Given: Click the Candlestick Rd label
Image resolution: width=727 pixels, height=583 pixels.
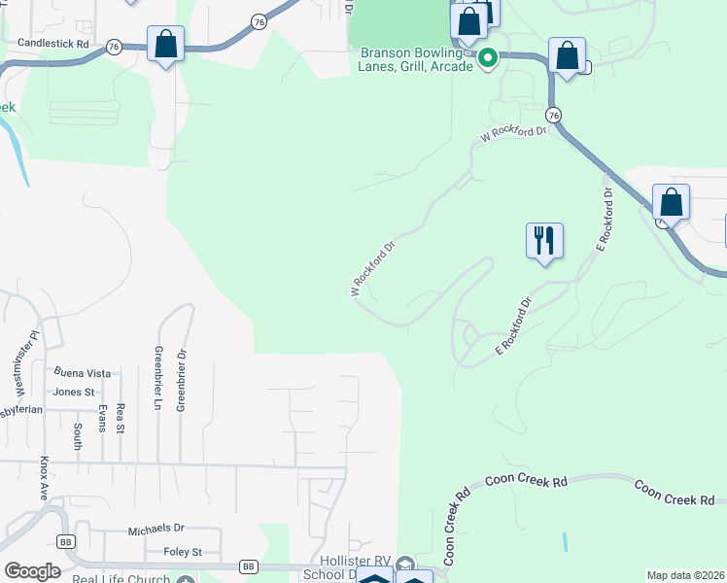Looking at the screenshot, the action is [x=53, y=45].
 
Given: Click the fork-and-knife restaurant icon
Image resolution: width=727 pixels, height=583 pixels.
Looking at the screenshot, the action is [x=544, y=239].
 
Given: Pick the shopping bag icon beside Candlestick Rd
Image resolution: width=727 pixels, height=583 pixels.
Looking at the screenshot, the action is [x=166, y=44].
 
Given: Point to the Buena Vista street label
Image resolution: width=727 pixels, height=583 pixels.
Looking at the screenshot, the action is [x=83, y=372].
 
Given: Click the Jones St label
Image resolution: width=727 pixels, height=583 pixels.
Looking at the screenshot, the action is [x=74, y=392].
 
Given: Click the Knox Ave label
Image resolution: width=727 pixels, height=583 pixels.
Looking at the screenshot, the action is [x=45, y=478].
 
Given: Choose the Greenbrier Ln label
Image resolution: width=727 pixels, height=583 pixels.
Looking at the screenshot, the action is [x=156, y=378].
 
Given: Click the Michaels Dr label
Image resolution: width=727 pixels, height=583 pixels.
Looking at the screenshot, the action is [x=156, y=530].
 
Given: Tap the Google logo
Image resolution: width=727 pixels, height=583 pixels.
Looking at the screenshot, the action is [x=31, y=570].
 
